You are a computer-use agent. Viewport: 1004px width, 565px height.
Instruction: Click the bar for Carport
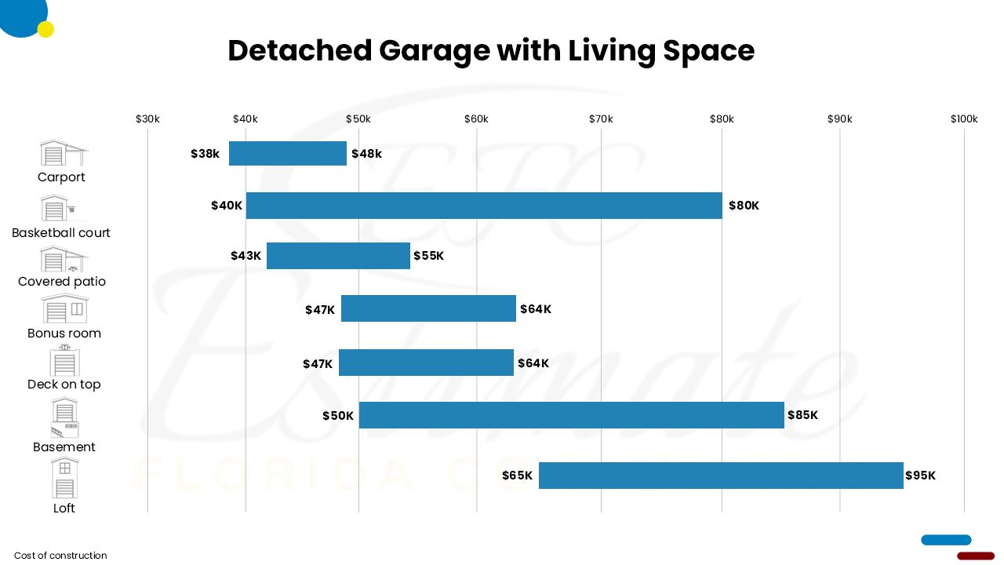click(x=287, y=154)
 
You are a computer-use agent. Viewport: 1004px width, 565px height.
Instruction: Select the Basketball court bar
click(x=483, y=206)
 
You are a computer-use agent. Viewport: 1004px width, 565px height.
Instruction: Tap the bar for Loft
click(x=720, y=476)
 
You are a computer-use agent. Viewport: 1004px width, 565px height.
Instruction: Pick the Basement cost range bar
click(x=571, y=415)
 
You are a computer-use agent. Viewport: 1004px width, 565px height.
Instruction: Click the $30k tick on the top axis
click(x=147, y=119)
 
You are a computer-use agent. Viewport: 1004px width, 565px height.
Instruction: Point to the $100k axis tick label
click(x=964, y=119)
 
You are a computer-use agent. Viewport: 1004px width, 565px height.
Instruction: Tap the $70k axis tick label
click(x=601, y=119)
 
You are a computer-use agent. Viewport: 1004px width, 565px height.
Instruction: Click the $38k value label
click(x=205, y=154)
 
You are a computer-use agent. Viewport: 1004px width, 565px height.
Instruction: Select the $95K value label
click(x=920, y=476)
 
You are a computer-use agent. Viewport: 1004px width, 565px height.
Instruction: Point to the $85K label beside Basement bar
click(x=802, y=415)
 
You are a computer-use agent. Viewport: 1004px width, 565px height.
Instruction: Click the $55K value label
click(x=428, y=256)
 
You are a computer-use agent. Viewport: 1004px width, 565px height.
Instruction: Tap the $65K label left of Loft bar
click(x=517, y=476)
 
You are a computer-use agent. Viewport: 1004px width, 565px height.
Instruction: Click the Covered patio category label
click(x=62, y=282)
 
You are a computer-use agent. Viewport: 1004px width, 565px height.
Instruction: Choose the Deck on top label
click(x=64, y=385)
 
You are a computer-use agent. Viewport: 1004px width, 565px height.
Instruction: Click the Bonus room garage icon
click(x=64, y=309)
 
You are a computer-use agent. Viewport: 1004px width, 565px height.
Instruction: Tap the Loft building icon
click(x=64, y=478)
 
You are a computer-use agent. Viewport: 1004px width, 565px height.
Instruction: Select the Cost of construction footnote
click(x=60, y=556)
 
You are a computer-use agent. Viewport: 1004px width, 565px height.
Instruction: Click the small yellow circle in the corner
click(x=45, y=30)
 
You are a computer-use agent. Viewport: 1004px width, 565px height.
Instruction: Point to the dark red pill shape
click(x=976, y=556)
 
